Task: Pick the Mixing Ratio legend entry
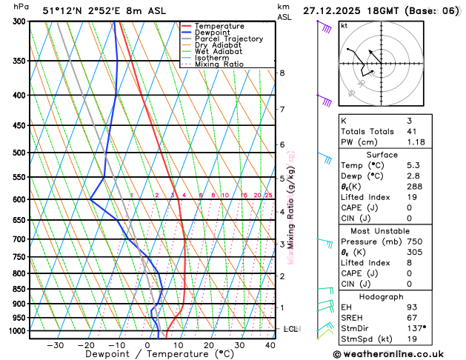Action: click(x=223, y=64)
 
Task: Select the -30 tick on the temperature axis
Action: click(x=56, y=345)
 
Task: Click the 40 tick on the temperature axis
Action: click(x=270, y=345)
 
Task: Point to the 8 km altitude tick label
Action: click(x=282, y=73)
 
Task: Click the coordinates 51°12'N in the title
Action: click(x=62, y=10)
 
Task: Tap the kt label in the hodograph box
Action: click(x=344, y=26)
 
